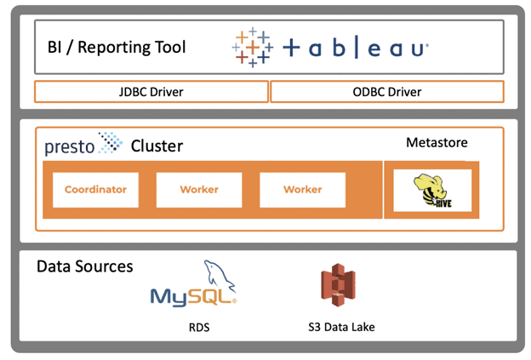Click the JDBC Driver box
pos(151,92)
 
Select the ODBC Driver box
pos(386,92)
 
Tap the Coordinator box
pos(95,190)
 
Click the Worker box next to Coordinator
pos(199,190)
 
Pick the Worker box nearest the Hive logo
pos(302,190)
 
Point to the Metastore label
pos(437,142)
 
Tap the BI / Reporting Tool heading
pos(117,46)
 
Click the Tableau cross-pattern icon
pos(253,47)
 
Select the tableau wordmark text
pos(355,49)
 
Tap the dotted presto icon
pos(111,142)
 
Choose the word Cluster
pos(157,146)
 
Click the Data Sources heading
pos(85,266)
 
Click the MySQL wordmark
pos(191,297)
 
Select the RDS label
pos(199,327)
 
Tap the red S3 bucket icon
pos(337,289)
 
